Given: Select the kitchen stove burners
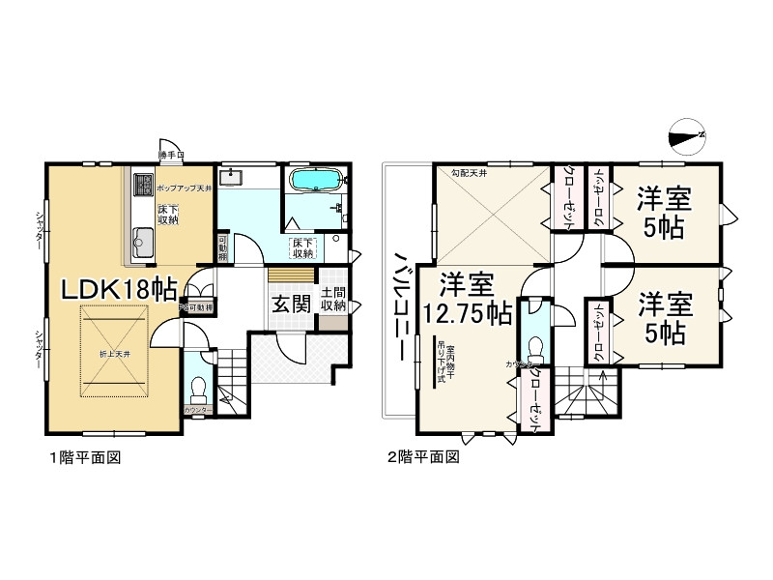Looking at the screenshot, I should [141, 183].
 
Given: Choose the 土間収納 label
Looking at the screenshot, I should [333, 299].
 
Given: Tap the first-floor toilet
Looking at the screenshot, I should [199, 388].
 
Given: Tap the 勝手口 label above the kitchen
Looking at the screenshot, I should [172, 154].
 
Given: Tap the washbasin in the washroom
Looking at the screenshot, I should [229, 178].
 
